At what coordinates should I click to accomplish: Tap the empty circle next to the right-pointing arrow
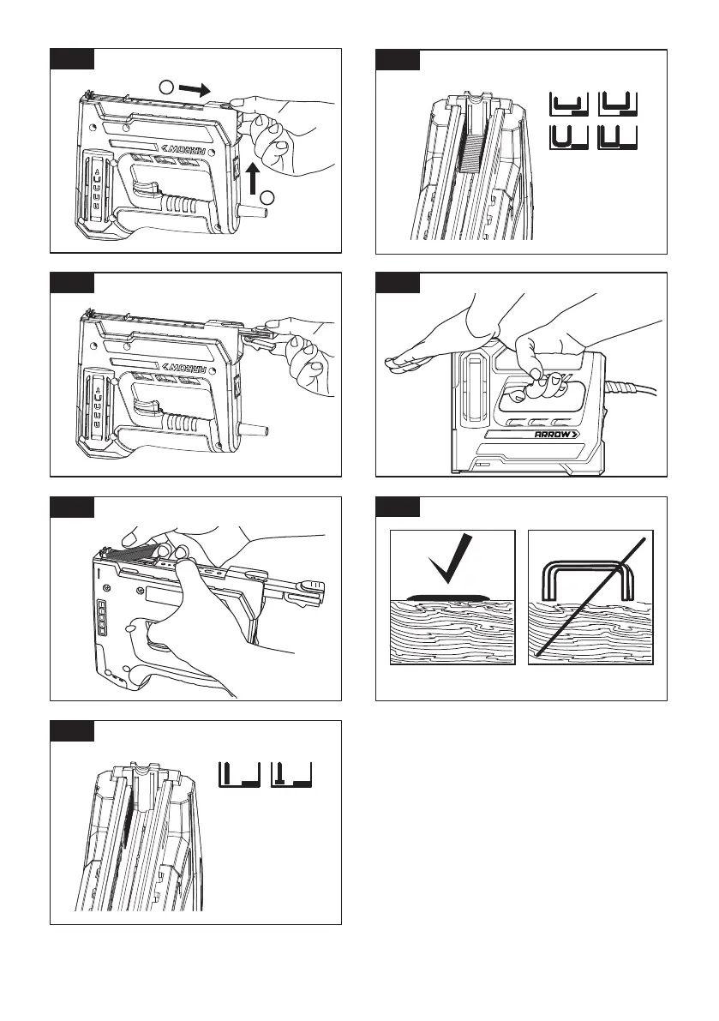click(168, 87)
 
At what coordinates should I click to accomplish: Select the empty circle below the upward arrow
click(267, 199)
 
